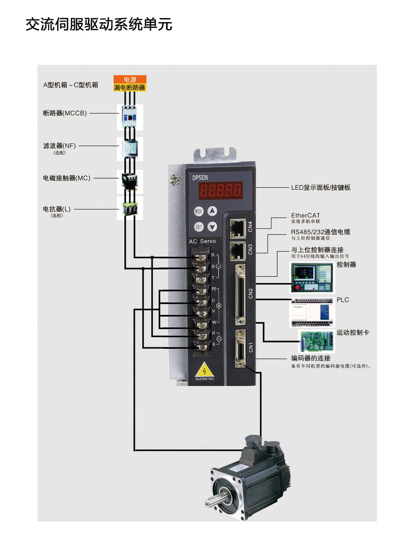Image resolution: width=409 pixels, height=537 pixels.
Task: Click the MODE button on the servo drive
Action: [x=198, y=211]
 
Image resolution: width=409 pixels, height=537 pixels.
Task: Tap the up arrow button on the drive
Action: [x=212, y=211]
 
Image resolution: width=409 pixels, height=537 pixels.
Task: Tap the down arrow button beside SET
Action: [x=212, y=226]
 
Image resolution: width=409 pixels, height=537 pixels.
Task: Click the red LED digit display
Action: [x=220, y=190]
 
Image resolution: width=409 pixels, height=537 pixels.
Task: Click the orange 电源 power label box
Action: [x=130, y=79]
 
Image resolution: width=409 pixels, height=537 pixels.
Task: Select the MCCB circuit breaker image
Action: [x=130, y=117]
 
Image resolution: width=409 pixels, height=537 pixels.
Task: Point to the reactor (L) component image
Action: [x=130, y=208]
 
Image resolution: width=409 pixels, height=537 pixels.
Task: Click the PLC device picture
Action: [x=312, y=312]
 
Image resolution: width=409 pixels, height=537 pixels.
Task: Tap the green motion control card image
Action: [x=317, y=341]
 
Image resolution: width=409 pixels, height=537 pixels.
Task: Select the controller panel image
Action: [x=312, y=277]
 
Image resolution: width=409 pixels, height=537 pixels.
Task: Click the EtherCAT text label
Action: [x=305, y=215]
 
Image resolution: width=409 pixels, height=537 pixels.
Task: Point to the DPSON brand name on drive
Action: [x=200, y=178]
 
